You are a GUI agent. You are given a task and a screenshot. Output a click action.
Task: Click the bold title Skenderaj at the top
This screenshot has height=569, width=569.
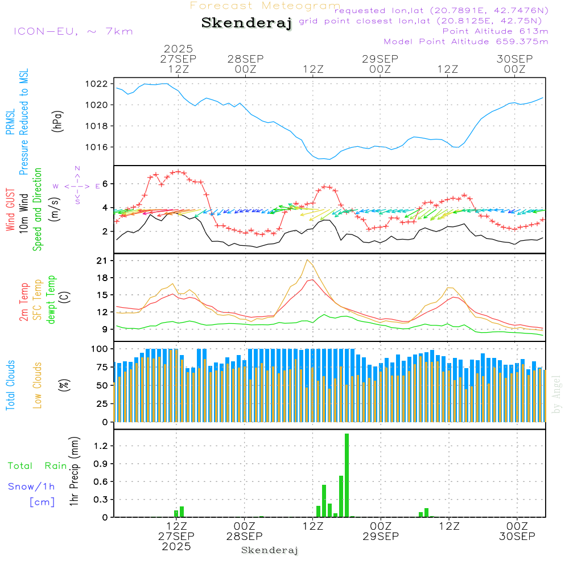pyautogui.click(x=246, y=23)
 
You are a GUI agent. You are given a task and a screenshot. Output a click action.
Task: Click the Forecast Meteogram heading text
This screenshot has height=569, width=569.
pyautogui.click(x=265, y=6)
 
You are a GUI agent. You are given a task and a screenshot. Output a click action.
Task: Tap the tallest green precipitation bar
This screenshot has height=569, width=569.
pyautogui.click(x=347, y=475)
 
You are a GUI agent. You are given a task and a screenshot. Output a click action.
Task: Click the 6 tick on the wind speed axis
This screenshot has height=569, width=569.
pyautogui.click(x=105, y=184)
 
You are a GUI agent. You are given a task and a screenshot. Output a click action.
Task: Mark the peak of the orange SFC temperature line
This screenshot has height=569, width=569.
pyautogui.click(x=308, y=260)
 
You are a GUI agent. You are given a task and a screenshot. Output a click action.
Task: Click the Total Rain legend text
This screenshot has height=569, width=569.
pyautogui.click(x=37, y=465)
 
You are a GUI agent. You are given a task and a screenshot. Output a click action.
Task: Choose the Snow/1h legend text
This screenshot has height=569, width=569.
pyautogui.click(x=31, y=486)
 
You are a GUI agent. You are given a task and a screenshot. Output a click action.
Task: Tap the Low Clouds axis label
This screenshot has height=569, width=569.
pyautogui.click(x=38, y=385)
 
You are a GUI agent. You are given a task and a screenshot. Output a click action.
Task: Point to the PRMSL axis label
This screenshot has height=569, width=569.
pyautogui.click(x=10, y=122)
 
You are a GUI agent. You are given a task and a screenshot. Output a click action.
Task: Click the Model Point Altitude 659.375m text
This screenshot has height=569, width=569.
pyautogui.click(x=465, y=42)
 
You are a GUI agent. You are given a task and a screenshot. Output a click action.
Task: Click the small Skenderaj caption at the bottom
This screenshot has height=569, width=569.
pyautogui.click(x=270, y=550)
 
